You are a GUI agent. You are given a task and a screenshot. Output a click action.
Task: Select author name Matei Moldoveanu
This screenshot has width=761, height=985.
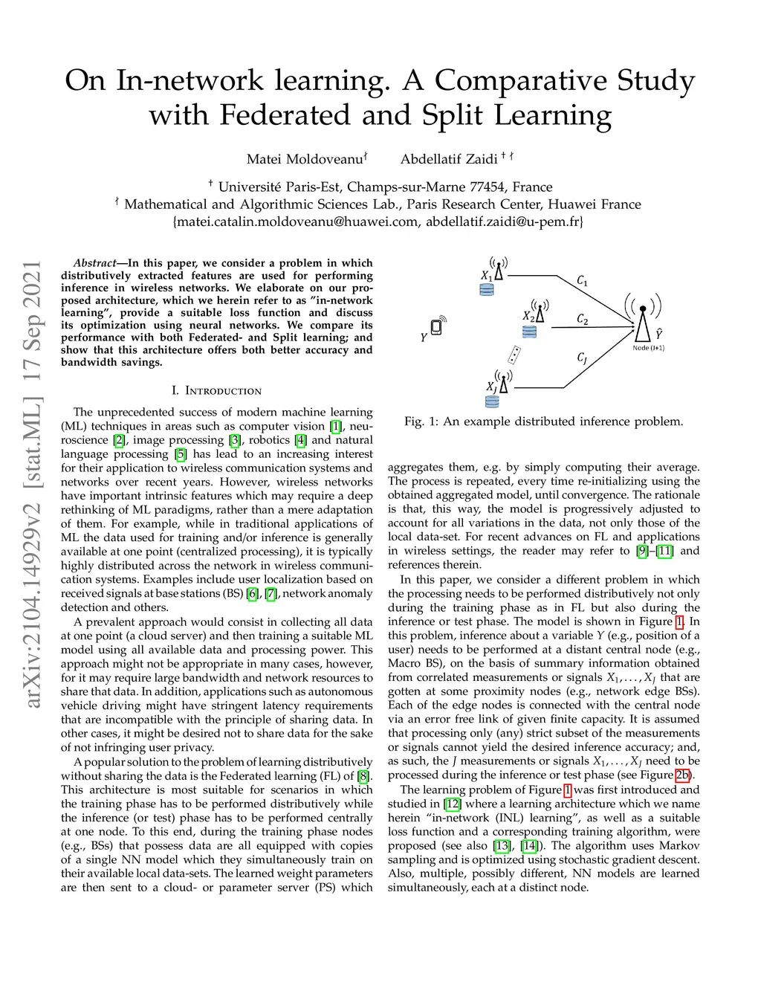[x=305, y=159]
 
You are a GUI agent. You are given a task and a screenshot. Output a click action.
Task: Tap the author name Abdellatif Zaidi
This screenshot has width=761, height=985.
[x=449, y=159]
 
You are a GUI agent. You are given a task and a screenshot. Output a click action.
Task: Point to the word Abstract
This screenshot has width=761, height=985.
[x=94, y=263]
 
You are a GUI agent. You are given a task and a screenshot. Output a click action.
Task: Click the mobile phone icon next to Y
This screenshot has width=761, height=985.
[x=437, y=326]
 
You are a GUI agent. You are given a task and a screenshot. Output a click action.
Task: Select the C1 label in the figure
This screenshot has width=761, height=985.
[x=583, y=281]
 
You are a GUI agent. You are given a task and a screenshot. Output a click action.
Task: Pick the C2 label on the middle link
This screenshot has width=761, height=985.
[x=583, y=320]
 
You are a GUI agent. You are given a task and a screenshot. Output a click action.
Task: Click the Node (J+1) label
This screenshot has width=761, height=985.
[x=648, y=348]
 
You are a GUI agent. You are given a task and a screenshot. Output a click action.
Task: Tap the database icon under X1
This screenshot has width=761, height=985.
[x=487, y=290]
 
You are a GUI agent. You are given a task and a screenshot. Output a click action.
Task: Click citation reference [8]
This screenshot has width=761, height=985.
[x=363, y=777]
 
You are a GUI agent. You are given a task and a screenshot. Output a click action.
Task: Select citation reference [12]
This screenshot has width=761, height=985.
[x=453, y=804]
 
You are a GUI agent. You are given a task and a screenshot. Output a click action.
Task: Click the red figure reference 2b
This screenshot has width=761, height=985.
[x=682, y=775]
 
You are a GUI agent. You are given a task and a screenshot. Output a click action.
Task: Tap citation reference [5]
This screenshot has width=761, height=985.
[x=181, y=454]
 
